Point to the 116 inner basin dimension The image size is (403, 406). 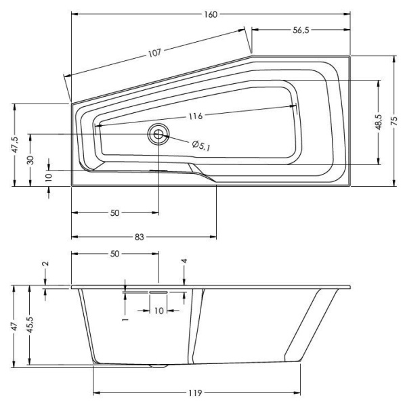point(195,116)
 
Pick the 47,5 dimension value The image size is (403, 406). point(14,144)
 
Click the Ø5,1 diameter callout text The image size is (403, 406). point(200,144)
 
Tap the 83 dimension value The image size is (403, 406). point(139,237)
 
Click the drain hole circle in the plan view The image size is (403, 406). point(159,134)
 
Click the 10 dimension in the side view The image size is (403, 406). point(158,310)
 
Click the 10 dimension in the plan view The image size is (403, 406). point(49,177)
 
